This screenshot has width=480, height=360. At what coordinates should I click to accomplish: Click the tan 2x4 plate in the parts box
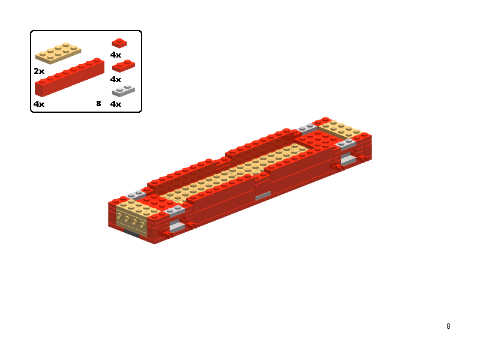pos(58,53)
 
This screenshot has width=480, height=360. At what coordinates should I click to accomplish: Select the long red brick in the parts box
pos(70,77)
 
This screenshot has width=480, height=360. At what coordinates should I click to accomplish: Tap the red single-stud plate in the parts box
pos(119,43)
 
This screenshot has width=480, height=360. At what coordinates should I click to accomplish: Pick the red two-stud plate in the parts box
pos(124,66)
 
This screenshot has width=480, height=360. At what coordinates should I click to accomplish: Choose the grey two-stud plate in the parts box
pos(124,91)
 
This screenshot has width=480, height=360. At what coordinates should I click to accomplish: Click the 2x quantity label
pos(39,71)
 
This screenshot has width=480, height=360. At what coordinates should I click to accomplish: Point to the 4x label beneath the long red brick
pos(39,104)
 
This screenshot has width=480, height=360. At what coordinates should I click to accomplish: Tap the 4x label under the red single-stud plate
pos(116,55)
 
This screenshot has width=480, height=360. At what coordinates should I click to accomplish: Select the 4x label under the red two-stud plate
pos(116,80)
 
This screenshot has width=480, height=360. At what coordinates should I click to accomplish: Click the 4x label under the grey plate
pos(116,104)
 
